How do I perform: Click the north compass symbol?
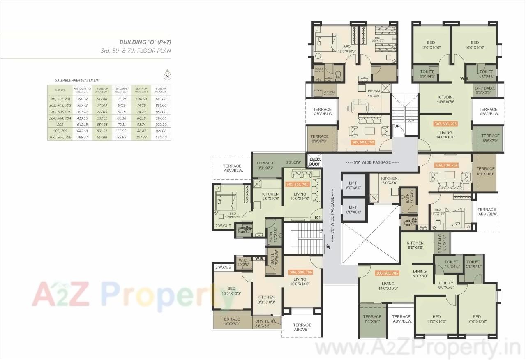(167, 75)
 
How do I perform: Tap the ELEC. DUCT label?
(314, 162)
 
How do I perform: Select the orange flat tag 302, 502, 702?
(363, 142)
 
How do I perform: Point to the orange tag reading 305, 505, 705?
(387, 273)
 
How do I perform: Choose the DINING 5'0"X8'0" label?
(420, 274)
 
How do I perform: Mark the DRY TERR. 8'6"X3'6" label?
(263, 323)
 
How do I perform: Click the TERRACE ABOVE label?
(302, 327)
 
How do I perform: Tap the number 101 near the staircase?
(317, 217)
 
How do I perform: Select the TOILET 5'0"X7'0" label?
(473, 264)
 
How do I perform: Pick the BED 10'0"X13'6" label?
(476, 319)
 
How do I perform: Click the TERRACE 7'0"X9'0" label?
(372, 319)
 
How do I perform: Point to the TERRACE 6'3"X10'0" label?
(485, 171)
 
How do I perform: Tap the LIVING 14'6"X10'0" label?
(388, 286)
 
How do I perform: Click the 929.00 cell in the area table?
(161, 124)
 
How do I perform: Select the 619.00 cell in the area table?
(161, 99)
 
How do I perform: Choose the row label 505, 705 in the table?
(60, 131)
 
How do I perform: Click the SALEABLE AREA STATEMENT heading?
(77, 81)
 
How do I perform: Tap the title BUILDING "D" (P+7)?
(145, 42)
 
